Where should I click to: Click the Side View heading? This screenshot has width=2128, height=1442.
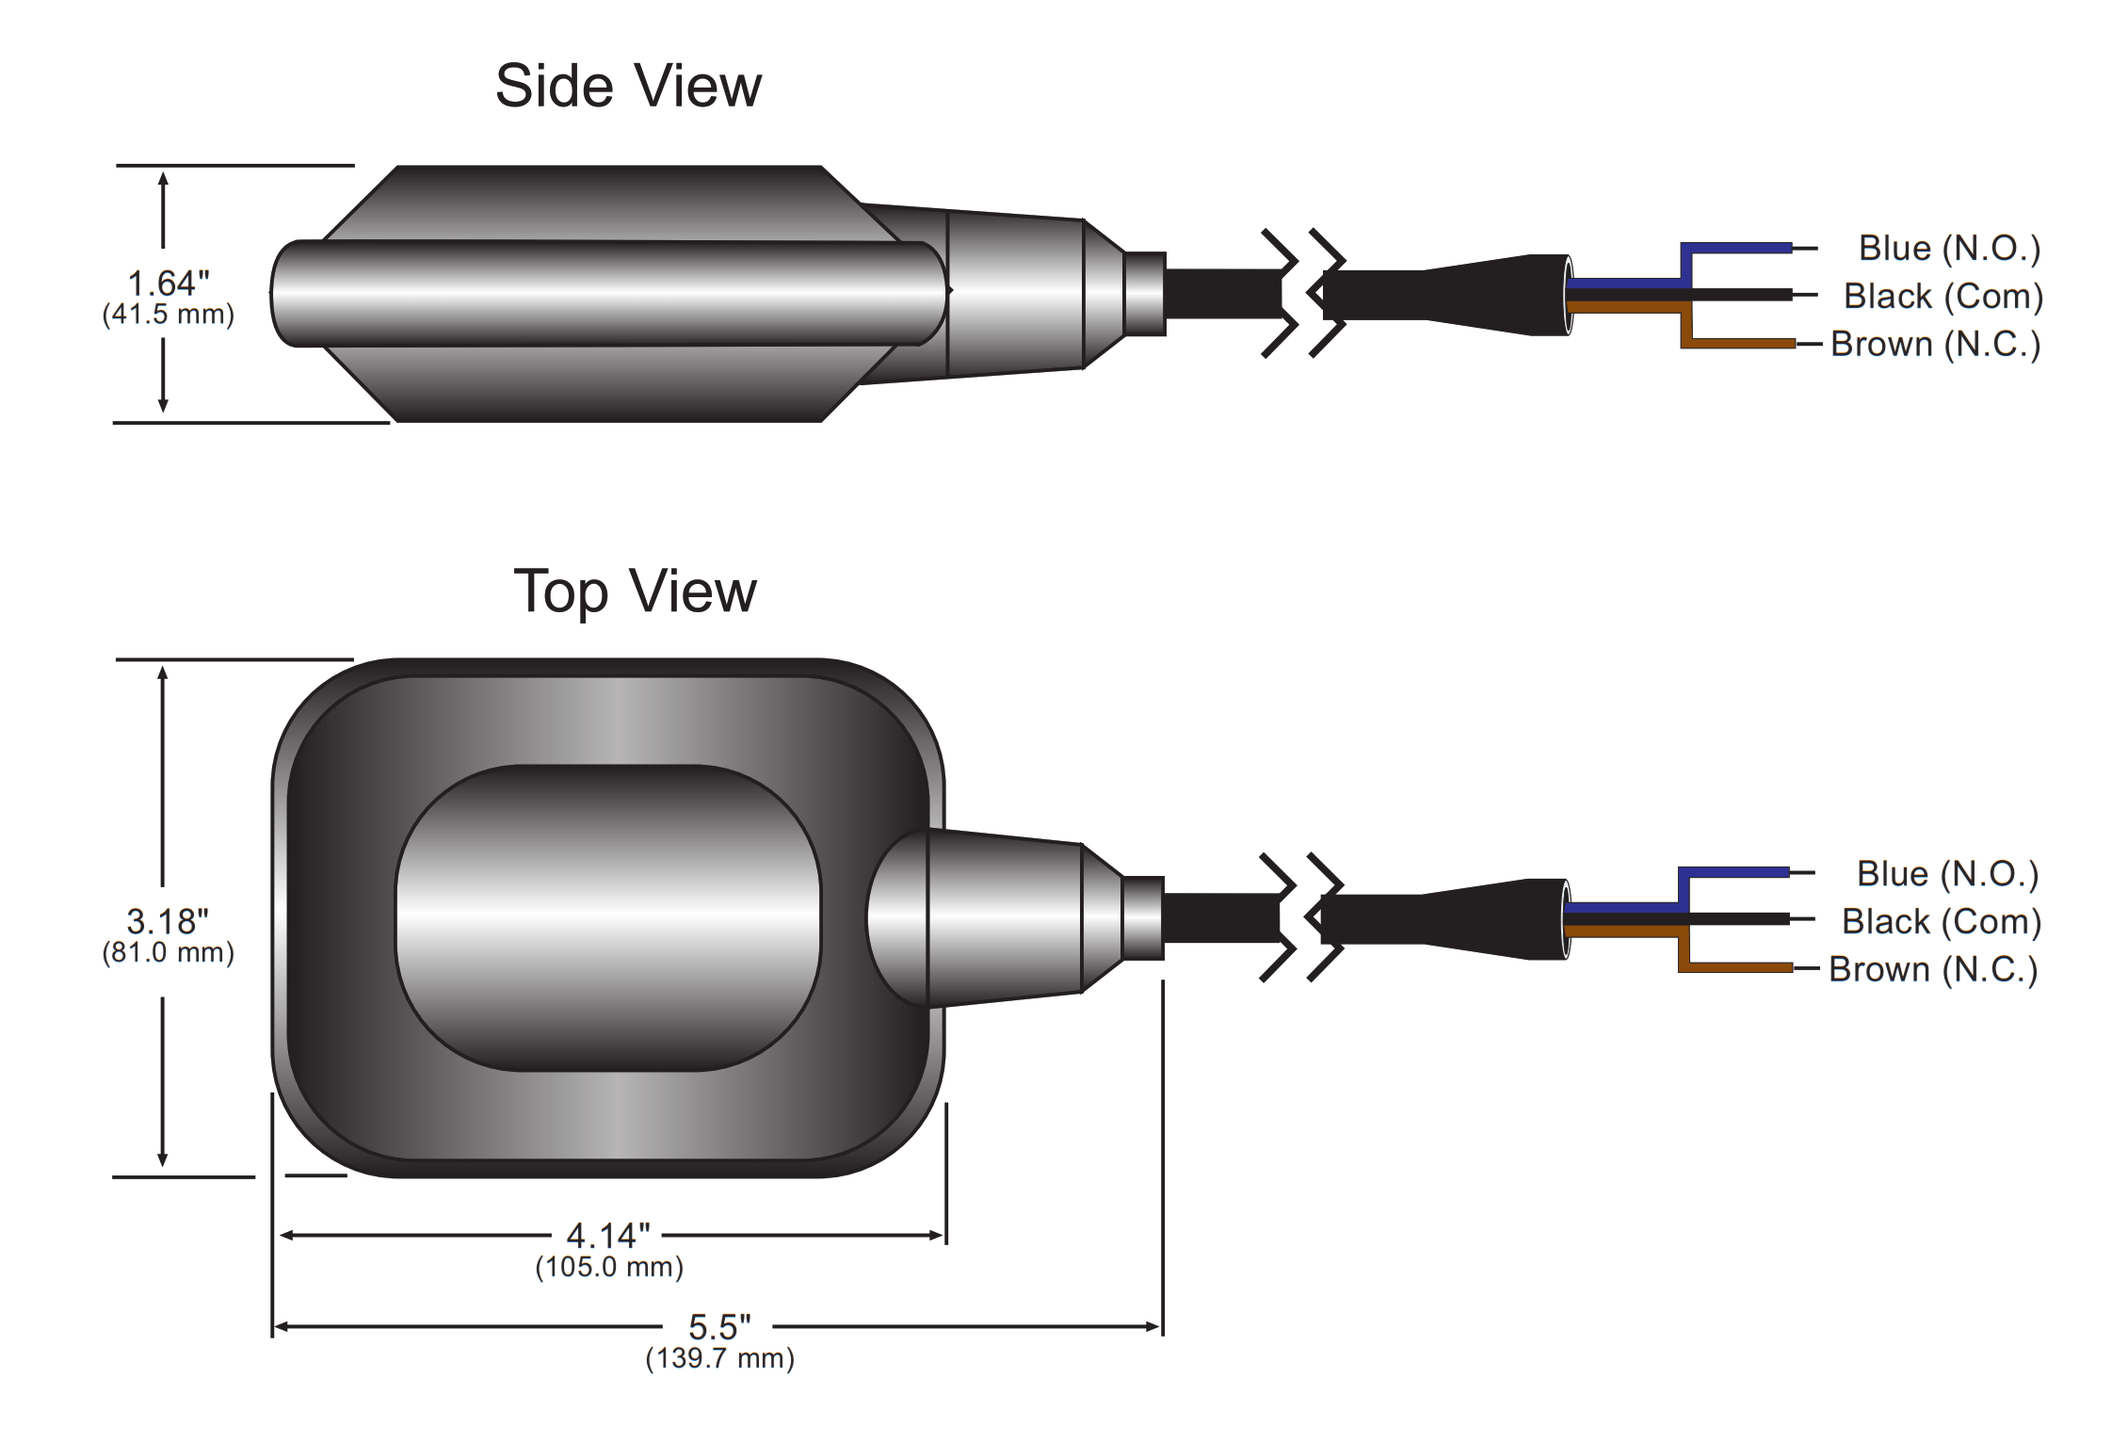click(x=628, y=87)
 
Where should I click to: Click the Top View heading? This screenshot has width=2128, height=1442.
click(x=635, y=591)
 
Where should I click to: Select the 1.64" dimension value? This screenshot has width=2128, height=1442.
click(x=169, y=283)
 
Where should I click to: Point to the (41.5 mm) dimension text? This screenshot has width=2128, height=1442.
click(x=169, y=315)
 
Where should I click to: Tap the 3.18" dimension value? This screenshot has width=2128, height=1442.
click(x=168, y=921)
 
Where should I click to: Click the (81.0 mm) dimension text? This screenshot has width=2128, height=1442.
click(x=169, y=953)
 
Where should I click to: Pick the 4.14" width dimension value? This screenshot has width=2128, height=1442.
click(x=608, y=1235)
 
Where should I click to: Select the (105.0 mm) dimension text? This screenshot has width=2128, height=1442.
click(x=609, y=1267)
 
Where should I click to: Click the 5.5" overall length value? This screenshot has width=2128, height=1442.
click(x=719, y=1326)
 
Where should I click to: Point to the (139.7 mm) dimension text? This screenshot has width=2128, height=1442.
click(x=720, y=1358)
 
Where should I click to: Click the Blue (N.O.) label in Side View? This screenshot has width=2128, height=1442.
click(x=1949, y=249)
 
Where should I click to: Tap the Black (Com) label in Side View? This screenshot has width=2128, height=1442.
click(x=1943, y=297)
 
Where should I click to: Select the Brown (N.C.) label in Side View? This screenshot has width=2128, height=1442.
click(x=1936, y=345)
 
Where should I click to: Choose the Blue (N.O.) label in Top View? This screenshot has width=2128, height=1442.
click(x=1947, y=874)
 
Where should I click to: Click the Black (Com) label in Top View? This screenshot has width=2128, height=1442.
click(x=1942, y=922)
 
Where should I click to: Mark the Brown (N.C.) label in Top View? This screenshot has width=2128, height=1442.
click(x=1933, y=970)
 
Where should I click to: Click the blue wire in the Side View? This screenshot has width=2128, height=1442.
click(x=1737, y=249)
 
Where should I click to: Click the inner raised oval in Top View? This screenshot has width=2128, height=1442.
click(x=608, y=917)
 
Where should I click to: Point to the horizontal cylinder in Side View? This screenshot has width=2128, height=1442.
click(x=608, y=293)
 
